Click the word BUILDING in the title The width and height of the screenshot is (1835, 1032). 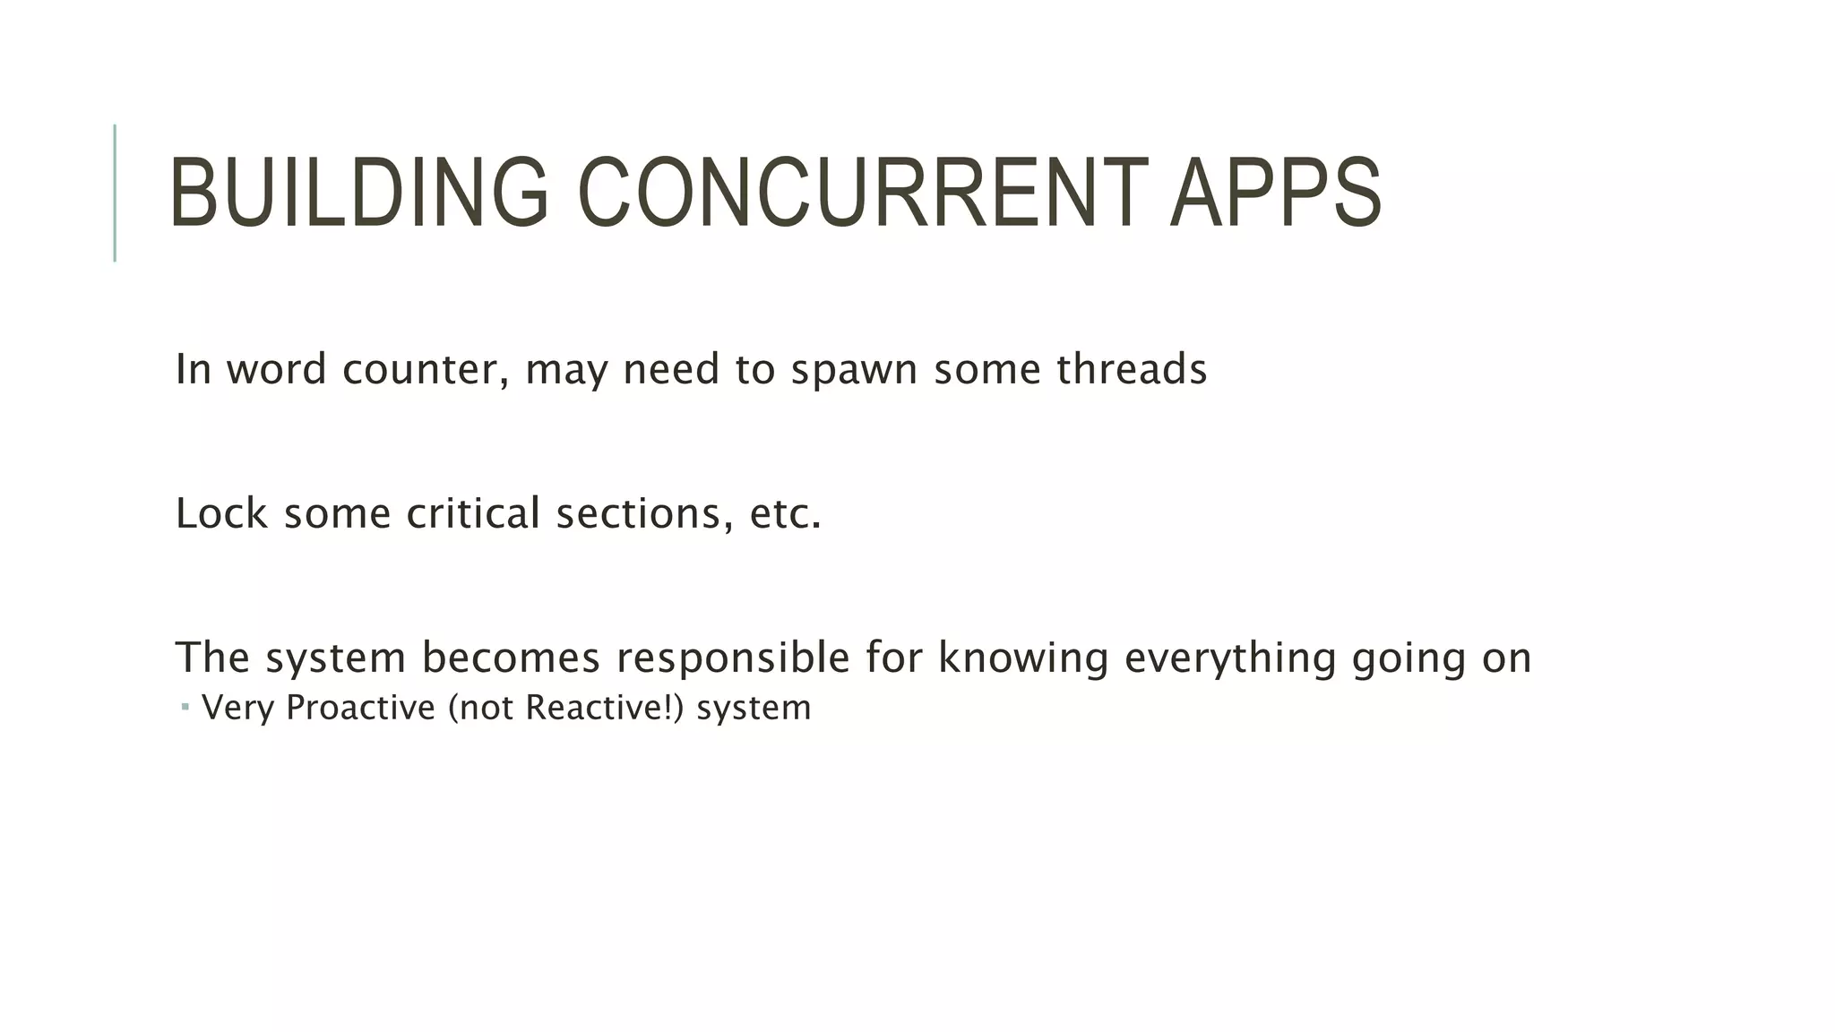click(x=358, y=193)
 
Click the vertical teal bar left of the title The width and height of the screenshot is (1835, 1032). click(x=115, y=193)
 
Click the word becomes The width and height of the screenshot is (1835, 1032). click(x=511, y=658)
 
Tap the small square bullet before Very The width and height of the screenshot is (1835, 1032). click(x=185, y=708)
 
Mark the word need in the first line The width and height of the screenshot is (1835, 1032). click(x=671, y=370)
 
